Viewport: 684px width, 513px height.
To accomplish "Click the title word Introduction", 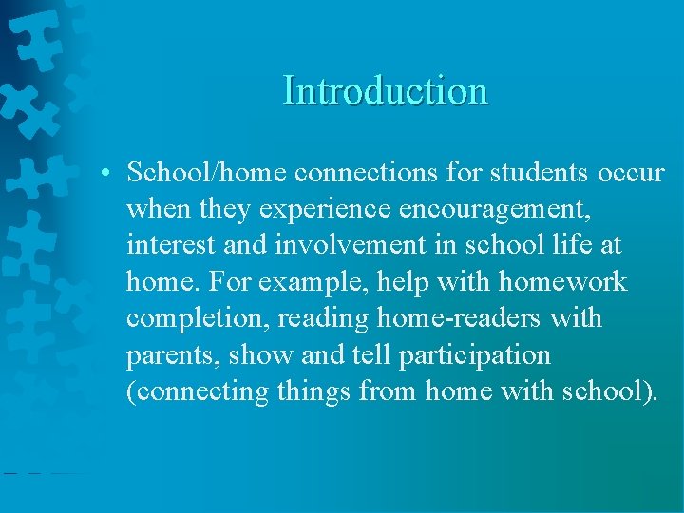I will pyautogui.click(x=385, y=91).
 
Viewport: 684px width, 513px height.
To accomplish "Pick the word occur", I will pyautogui.click(x=631, y=173).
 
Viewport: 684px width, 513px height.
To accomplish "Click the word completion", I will pyautogui.click(x=197, y=318).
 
